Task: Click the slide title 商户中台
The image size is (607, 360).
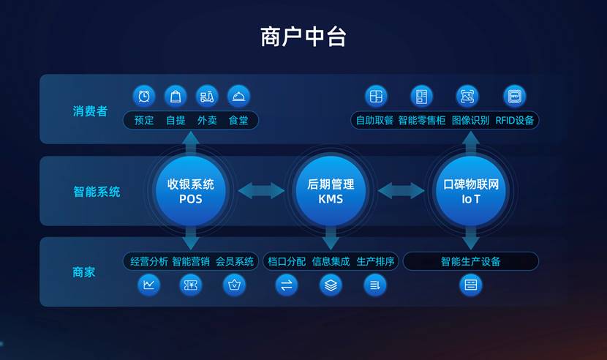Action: click(x=303, y=36)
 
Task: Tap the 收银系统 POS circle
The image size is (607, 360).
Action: click(x=190, y=191)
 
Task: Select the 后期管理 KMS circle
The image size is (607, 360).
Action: click(x=331, y=191)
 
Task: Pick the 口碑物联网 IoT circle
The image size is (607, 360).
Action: click(x=471, y=191)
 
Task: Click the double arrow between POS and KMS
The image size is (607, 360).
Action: click(x=260, y=191)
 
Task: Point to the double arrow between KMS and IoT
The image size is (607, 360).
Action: click(x=401, y=191)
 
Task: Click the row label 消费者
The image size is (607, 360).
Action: click(x=90, y=111)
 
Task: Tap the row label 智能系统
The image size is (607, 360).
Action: click(x=97, y=192)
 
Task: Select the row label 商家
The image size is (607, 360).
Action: click(x=84, y=272)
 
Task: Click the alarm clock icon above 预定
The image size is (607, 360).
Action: click(x=144, y=96)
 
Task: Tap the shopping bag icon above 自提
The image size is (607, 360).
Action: click(x=176, y=96)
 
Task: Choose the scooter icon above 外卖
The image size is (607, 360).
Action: click(x=207, y=96)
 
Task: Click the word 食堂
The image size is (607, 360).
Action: click(x=238, y=120)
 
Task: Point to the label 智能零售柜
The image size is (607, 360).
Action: click(x=422, y=120)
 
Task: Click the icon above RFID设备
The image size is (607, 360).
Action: click(x=515, y=96)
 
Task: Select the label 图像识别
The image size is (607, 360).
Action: click(x=470, y=120)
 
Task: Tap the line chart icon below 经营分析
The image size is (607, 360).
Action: click(x=149, y=285)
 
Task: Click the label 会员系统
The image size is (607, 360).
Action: click(x=235, y=261)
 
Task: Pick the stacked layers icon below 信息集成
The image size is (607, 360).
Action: click(x=331, y=285)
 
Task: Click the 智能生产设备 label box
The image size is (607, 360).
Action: click(x=471, y=261)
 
